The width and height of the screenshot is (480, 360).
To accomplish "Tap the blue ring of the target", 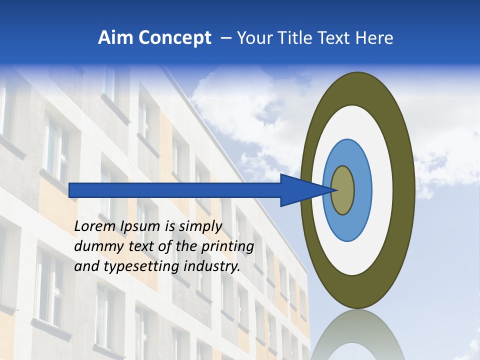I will tap(362, 190).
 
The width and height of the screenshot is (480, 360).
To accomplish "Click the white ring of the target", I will tap(385, 190).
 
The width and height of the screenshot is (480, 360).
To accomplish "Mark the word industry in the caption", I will tap(212, 266).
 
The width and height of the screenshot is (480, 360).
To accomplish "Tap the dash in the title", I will tap(226, 38).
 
